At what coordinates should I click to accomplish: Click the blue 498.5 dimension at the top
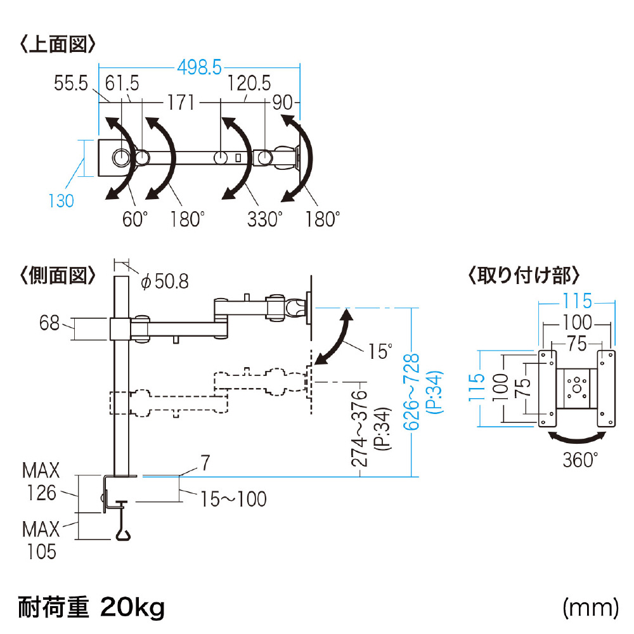coord(199,67)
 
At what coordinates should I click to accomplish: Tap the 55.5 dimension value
coord(71,83)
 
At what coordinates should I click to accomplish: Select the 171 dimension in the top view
coord(181,103)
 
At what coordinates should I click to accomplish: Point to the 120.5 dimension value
coord(249,83)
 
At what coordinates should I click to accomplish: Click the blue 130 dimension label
coord(61,201)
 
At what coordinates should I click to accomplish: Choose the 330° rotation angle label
coord(265,219)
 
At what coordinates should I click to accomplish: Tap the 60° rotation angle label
coord(135,219)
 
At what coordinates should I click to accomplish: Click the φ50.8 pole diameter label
coord(165,281)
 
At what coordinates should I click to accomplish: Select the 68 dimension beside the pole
coord(49,323)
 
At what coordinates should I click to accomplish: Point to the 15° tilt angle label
coord(380,351)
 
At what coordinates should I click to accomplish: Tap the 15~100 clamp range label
coord(233,499)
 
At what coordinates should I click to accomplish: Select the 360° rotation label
coord(580,460)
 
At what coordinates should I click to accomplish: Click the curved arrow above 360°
coord(577,437)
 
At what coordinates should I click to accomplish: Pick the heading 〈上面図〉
coord(58,44)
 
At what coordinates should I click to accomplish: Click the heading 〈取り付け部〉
coord(524,276)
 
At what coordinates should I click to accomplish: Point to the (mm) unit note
coord(591,608)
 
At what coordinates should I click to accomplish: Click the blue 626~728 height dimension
coord(411,391)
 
